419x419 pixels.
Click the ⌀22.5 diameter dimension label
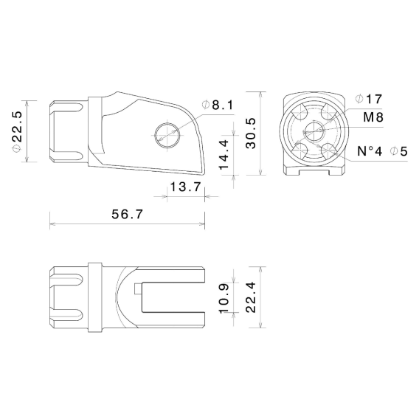[x=17, y=133]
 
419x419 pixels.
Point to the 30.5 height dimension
[x=251, y=134]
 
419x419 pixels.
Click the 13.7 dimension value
[x=186, y=188]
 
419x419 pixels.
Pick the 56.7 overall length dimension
[x=127, y=214]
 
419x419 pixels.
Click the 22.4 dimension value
[x=251, y=297]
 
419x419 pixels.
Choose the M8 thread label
[x=373, y=117]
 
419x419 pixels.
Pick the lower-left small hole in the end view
[x=300, y=150]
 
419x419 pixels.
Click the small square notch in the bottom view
[x=139, y=288]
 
